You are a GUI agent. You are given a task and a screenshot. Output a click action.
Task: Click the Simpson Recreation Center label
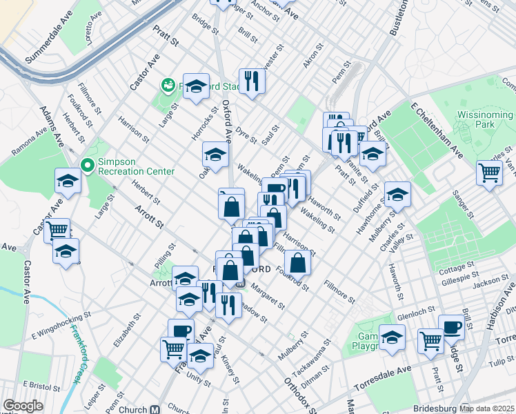coord(136,170)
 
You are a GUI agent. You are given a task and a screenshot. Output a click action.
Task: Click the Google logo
coord(23,406)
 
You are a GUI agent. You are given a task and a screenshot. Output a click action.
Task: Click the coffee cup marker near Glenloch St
coord(452,328)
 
